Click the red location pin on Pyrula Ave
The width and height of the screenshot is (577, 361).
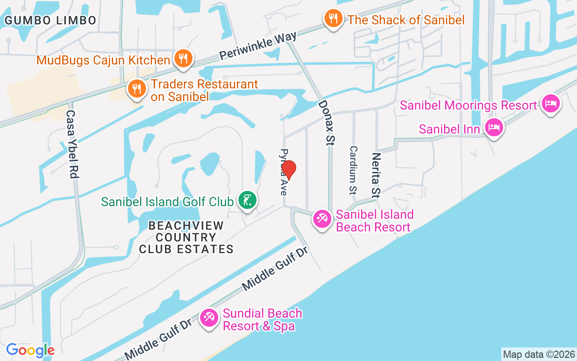[x=288, y=170]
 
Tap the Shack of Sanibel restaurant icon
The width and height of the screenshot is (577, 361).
[x=333, y=19]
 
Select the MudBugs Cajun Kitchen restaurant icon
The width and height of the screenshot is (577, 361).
[x=183, y=59]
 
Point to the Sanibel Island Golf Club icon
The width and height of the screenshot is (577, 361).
[x=247, y=200]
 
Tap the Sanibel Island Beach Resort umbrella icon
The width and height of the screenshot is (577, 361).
[x=322, y=219]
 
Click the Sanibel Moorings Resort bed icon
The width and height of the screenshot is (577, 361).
[x=550, y=103]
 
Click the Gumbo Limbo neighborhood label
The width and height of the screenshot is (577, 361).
[x=50, y=20]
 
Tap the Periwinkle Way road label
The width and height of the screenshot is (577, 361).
[x=258, y=45]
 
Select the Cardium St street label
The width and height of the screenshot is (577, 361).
[x=353, y=170]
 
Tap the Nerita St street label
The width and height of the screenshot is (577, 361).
[x=376, y=175]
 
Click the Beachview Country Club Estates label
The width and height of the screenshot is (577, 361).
[x=186, y=237]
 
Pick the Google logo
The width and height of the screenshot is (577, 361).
[x=30, y=350]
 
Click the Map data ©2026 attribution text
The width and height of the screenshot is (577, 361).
[x=539, y=354]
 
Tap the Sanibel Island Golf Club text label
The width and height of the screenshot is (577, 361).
[x=167, y=202]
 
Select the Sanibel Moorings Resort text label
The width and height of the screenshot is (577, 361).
[x=468, y=106]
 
